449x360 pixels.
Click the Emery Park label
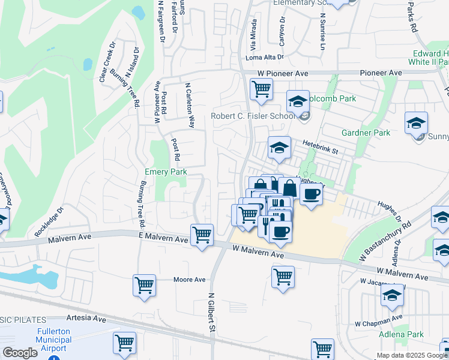tap(166, 172)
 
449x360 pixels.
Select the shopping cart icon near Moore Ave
tap(145, 286)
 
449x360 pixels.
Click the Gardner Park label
tap(366, 133)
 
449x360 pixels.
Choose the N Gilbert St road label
tap(211, 313)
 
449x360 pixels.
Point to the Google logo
tap(20, 353)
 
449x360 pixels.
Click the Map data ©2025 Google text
tap(411, 355)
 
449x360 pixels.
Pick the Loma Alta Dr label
tap(265, 58)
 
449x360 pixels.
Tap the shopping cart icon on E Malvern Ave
tap(202, 235)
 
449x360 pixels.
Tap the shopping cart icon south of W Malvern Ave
tap(283, 277)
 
